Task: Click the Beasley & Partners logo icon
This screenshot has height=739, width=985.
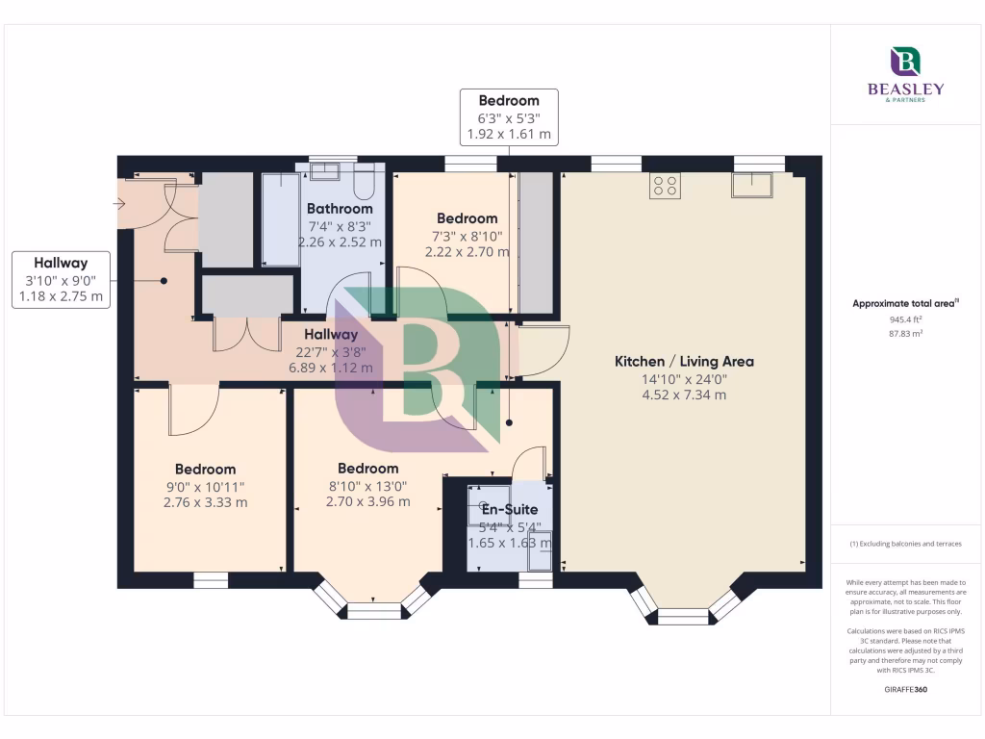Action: click(906, 62)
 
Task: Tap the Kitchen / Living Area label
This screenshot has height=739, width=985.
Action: click(684, 362)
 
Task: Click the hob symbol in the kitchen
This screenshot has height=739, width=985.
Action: click(665, 185)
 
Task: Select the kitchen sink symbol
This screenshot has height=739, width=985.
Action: click(752, 185)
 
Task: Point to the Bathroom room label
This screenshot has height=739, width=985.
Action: click(340, 209)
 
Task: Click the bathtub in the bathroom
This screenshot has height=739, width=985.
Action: click(280, 219)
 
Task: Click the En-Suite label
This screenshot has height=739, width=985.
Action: click(510, 510)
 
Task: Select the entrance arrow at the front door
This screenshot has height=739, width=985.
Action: click(119, 203)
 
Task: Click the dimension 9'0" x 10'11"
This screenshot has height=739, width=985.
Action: click(205, 487)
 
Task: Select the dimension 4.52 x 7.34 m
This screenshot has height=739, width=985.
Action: click(684, 395)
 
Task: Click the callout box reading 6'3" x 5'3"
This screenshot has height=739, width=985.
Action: click(509, 117)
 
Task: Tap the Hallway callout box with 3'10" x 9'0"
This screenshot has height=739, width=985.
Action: click(61, 279)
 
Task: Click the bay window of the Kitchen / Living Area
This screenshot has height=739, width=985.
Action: click(684, 606)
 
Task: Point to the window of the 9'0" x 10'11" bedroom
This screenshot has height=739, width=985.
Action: click(211, 580)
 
